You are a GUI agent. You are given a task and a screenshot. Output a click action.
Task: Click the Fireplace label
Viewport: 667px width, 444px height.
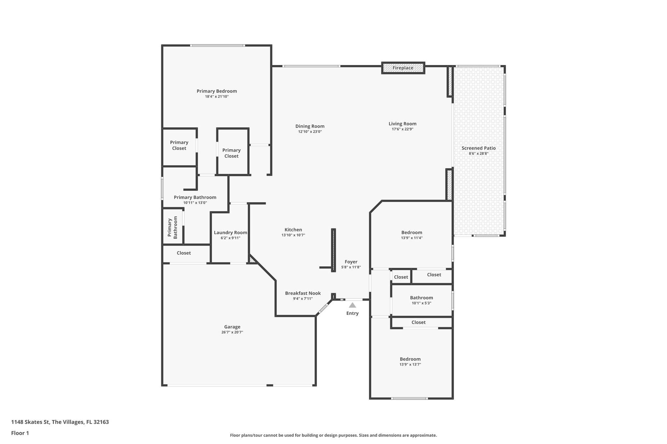(403, 68)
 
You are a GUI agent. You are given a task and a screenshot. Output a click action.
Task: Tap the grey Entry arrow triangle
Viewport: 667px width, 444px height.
(352, 305)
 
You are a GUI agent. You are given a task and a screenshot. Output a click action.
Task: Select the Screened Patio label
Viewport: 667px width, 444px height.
(478, 148)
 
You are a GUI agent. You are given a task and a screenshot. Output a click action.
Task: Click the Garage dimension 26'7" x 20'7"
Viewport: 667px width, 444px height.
(232, 332)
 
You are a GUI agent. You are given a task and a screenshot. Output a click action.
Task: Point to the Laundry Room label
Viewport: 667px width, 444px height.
(230, 233)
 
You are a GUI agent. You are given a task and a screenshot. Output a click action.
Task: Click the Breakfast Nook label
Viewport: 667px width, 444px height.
(303, 293)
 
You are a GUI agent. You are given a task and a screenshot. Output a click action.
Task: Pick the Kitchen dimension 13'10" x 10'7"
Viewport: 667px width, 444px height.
(293, 235)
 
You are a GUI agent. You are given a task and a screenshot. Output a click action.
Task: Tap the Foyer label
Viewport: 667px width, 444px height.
(351, 262)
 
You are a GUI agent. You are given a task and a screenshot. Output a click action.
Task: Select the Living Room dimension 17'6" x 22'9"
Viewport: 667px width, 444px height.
(403, 129)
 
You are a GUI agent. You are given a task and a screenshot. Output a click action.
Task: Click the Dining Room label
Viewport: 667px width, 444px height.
(310, 126)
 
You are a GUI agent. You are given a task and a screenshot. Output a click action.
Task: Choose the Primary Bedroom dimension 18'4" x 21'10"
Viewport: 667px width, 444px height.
(217, 96)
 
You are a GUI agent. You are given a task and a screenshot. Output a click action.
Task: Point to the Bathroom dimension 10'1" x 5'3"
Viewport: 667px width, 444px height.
(421, 303)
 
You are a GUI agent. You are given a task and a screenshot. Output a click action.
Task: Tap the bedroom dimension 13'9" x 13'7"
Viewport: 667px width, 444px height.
(410, 364)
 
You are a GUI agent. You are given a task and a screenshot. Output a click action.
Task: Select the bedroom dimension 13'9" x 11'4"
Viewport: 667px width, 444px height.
(412, 238)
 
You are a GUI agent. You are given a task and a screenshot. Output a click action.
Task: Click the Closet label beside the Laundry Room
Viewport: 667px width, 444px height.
(184, 253)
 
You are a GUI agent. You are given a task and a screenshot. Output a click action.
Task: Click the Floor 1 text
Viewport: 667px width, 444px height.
(20, 433)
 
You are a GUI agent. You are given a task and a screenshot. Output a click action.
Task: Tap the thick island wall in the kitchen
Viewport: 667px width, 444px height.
(333, 250)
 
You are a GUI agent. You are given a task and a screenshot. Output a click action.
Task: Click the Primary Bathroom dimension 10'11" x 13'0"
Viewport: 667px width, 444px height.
(195, 203)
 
